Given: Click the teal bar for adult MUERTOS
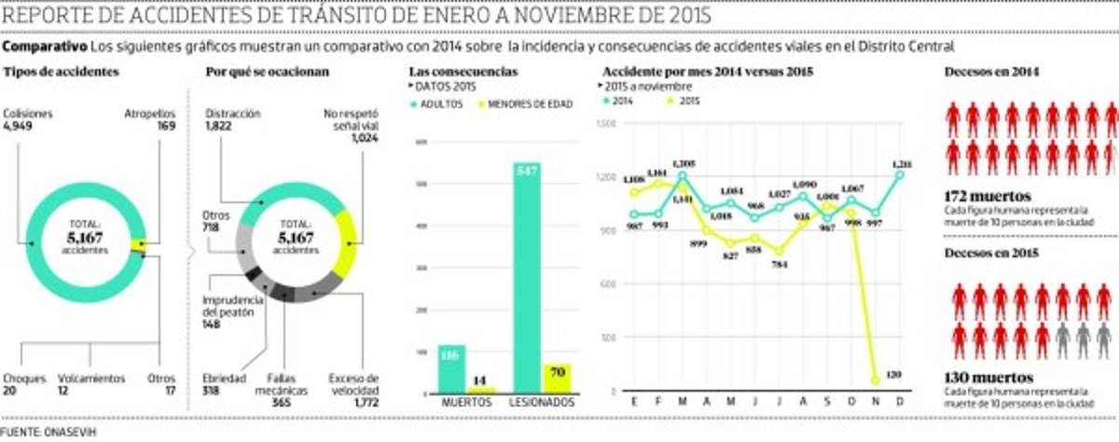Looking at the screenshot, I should [x=451, y=368].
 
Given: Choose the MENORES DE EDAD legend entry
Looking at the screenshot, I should [x=525, y=104].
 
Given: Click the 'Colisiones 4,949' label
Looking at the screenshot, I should [x=28, y=120].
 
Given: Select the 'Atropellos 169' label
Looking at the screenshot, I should [x=151, y=120].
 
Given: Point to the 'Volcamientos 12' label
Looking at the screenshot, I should [x=90, y=383].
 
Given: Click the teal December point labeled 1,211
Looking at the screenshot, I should [x=901, y=173].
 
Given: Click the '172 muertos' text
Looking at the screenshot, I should [x=975, y=197].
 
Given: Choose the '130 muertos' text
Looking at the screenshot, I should [x=975, y=377].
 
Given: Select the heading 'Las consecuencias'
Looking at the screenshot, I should [x=463, y=72].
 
